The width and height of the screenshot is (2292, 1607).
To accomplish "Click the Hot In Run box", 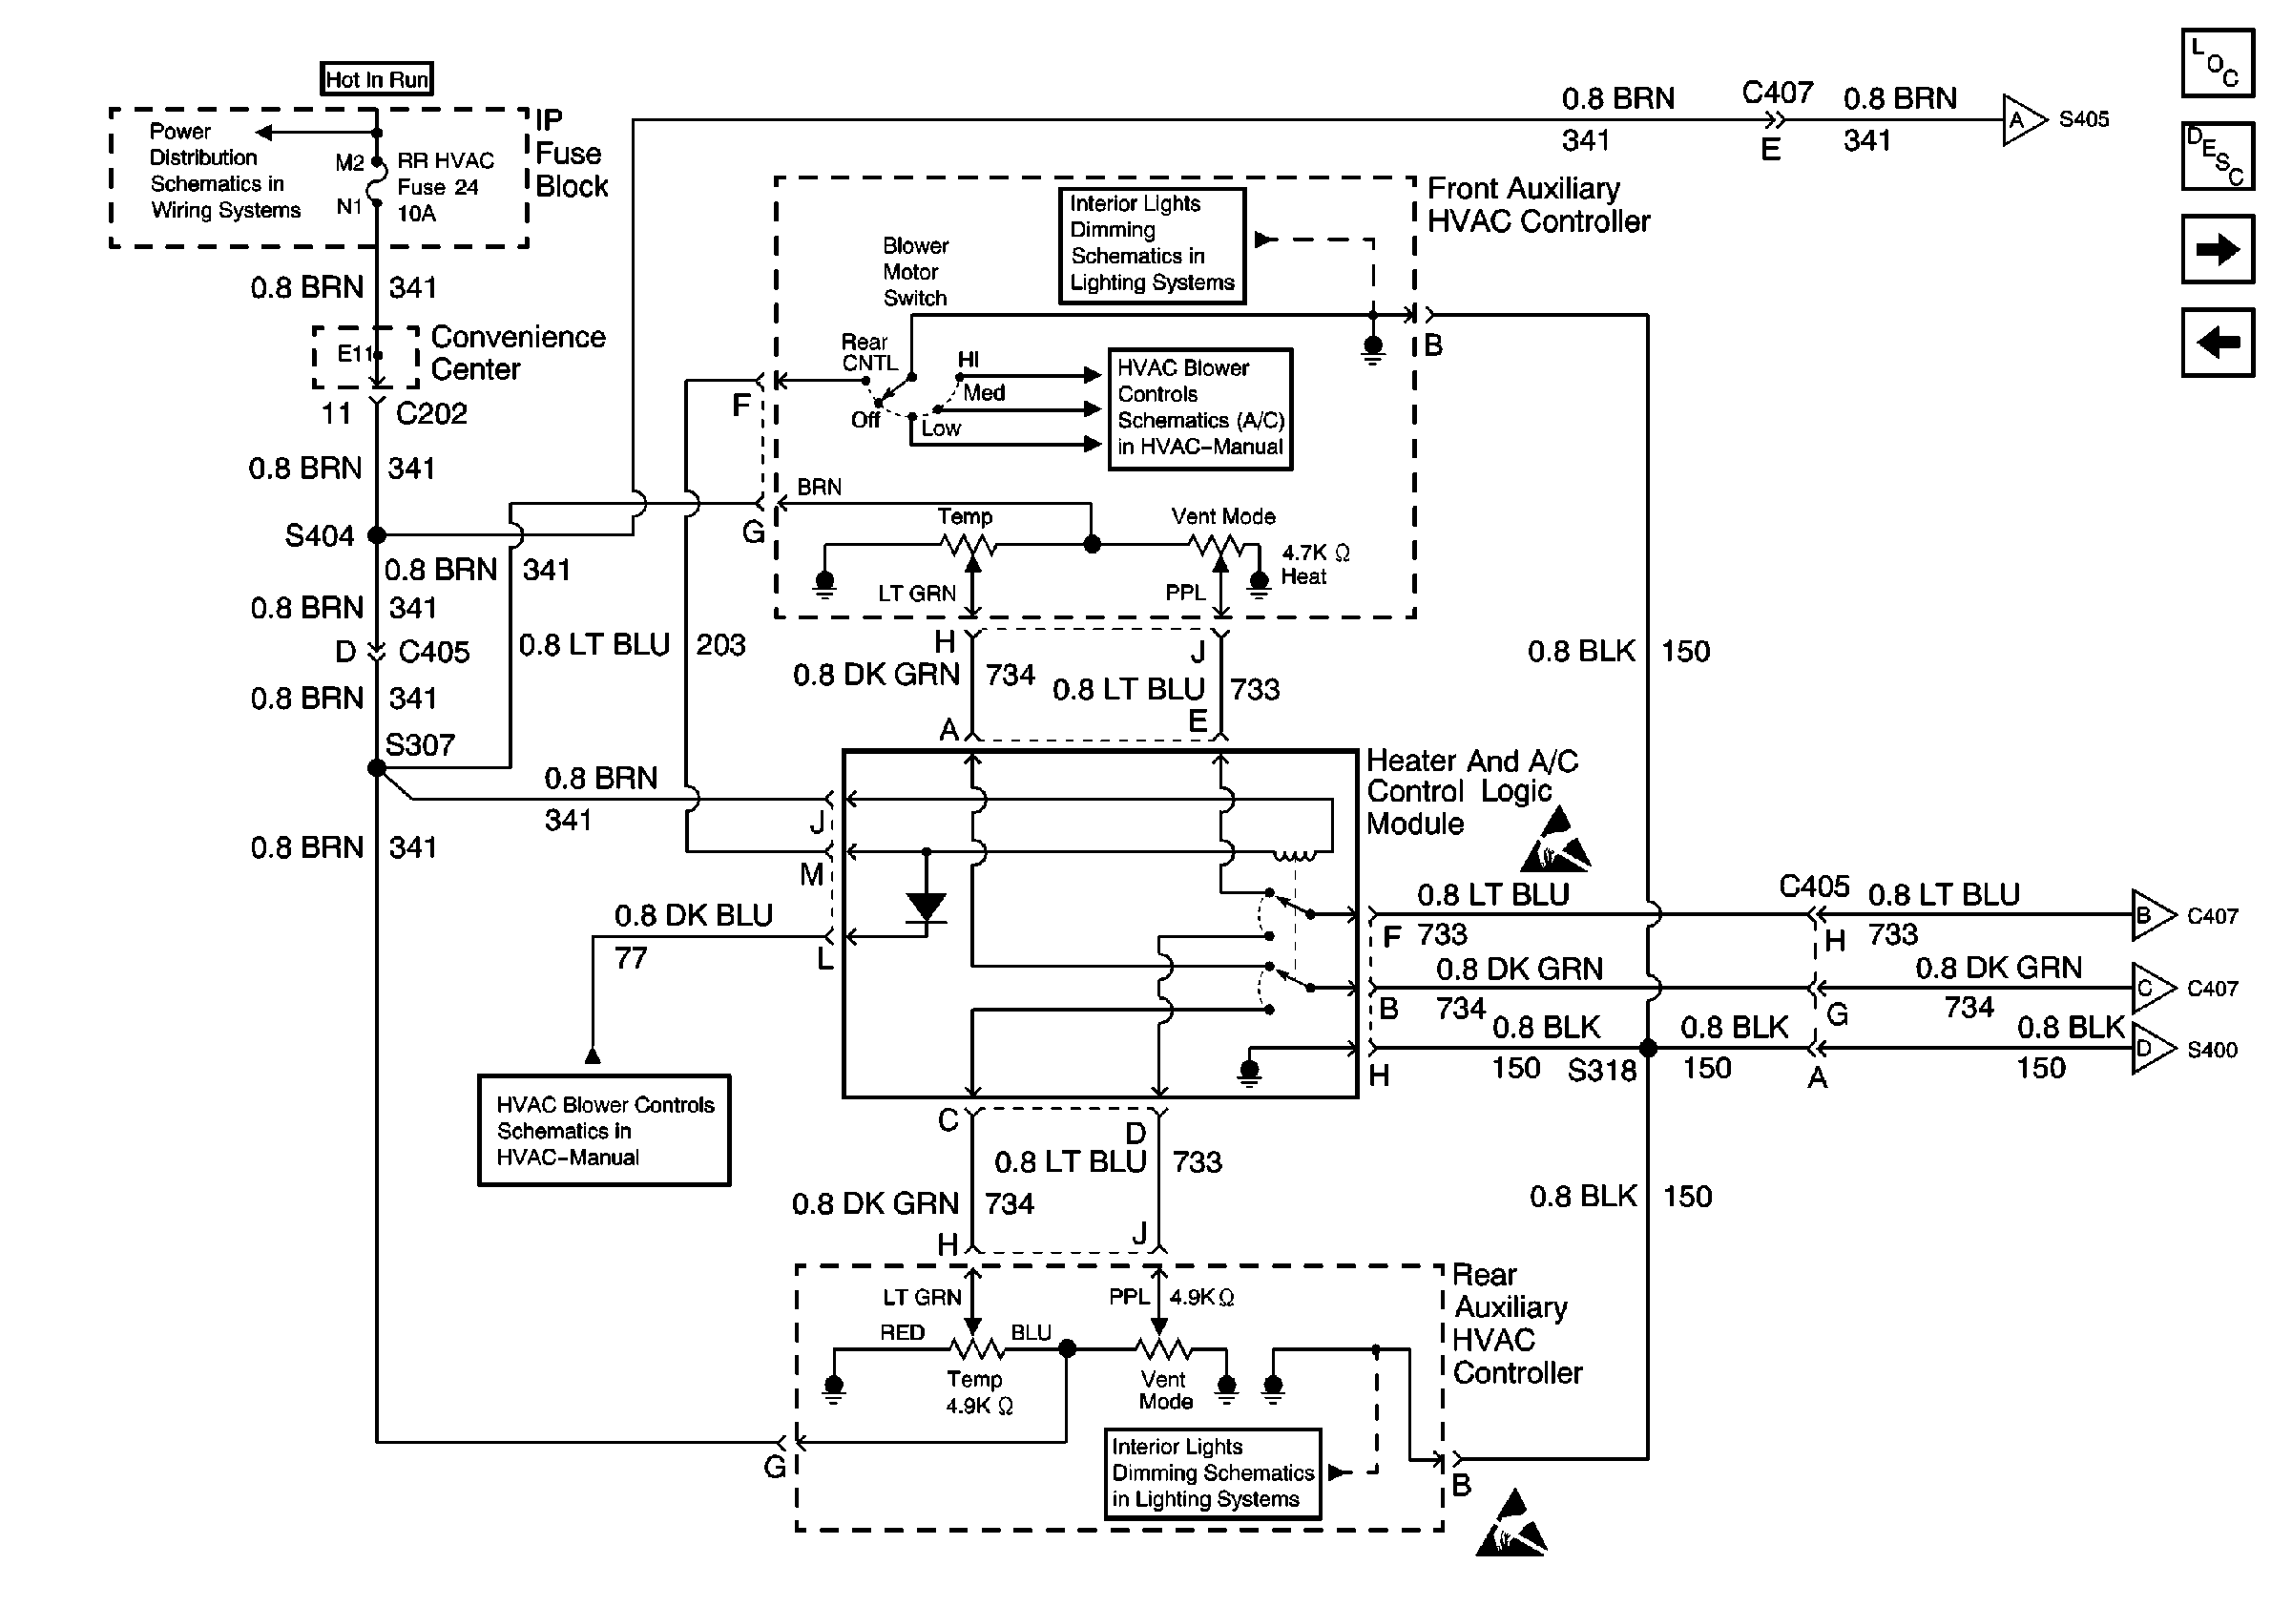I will pos(376,79).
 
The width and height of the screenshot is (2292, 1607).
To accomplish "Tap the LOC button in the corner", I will pos(2218,64).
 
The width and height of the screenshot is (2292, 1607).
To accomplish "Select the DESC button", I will pos(2218,157).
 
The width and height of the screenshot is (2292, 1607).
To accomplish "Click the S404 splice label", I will pos(320,536).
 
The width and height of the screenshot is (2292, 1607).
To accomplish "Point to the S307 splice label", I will pos(420,744).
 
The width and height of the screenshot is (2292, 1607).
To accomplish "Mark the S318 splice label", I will pos(1602,1071).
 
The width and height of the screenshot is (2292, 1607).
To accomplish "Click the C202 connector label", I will pos(431,413).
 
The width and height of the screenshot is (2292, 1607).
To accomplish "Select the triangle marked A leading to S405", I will pos(2020,121).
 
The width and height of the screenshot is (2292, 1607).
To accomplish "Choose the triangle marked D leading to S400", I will pos(2148,1049).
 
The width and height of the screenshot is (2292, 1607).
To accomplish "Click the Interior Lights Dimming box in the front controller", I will pos(1152,244).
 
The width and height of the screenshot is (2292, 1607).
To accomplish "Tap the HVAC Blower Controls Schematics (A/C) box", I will pos(1199,408).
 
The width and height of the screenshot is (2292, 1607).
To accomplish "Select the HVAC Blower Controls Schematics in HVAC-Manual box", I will pos(604,1130).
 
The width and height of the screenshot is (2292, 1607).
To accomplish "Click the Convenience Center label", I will pos(517,352).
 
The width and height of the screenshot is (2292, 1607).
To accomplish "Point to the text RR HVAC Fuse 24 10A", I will pos(445,187).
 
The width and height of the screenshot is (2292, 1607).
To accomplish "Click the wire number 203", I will pos(720,645).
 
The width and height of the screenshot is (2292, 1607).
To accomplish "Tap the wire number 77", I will pos(631,958).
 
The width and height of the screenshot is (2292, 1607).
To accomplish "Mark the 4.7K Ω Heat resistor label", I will pos(1314,564).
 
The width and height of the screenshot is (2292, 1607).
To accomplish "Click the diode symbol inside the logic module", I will pos(926,907).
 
